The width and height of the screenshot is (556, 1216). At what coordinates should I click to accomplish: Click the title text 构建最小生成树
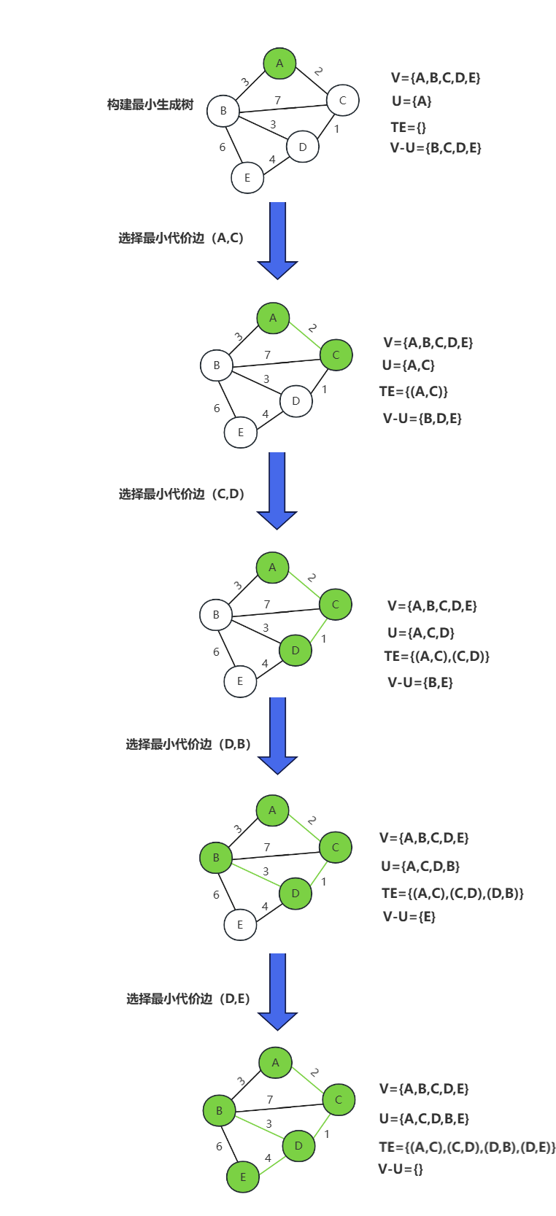(x=150, y=105)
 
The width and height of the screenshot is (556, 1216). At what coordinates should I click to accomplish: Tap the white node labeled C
(x=342, y=101)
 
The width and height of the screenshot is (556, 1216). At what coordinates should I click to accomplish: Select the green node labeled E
(x=243, y=1177)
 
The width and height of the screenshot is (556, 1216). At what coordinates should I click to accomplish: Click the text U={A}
(x=412, y=101)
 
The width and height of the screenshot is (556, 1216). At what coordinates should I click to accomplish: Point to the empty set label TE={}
(x=408, y=127)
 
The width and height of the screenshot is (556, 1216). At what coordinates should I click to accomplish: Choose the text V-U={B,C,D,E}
(x=436, y=148)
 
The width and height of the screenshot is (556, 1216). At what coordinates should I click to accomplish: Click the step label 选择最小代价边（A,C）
(x=181, y=239)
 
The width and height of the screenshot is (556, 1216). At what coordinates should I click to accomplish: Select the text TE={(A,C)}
(x=414, y=392)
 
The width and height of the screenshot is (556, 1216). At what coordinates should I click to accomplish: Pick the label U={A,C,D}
(x=421, y=632)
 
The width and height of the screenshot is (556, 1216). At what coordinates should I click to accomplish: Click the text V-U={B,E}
(x=420, y=683)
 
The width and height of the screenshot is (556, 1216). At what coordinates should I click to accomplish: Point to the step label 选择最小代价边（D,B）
(x=188, y=744)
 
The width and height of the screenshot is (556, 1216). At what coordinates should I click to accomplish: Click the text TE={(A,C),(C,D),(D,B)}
(x=452, y=893)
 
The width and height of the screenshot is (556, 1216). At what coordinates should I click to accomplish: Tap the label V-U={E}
(x=409, y=917)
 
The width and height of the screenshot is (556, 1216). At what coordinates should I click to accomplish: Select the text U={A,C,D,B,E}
(x=424, y=1118)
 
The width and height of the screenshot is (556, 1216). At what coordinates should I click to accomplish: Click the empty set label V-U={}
(x=401, y=1169)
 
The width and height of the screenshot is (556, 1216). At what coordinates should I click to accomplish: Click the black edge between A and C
(x=310, y=81)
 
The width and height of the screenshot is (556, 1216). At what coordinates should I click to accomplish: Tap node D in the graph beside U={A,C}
(x=296, y=401)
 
